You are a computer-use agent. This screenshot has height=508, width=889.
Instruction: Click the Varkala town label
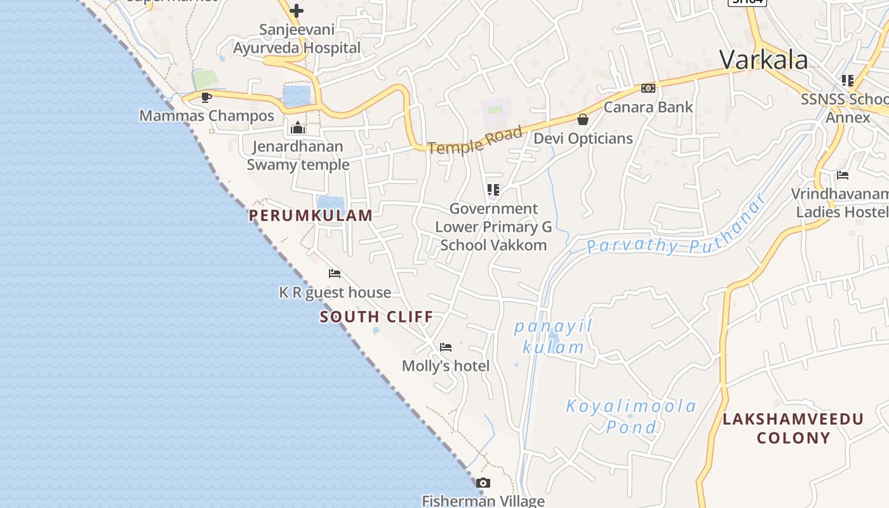click(x=763, y=60)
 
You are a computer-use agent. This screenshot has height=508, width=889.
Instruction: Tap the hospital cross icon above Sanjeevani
click(x=296, y=11)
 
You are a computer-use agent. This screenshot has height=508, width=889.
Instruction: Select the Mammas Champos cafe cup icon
click(x=206, y=97)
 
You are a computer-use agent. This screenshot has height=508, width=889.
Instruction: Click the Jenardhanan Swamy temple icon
click(x=297, y=128)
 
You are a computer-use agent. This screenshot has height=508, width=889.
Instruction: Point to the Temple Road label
click(x=475, y=140)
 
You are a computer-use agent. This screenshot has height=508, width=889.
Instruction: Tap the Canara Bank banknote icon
click(x=648, y=88)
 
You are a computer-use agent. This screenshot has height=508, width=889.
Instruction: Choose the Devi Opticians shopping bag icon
click(x=582, y=119)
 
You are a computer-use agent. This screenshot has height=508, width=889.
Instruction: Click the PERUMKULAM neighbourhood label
click(x=311, y=215)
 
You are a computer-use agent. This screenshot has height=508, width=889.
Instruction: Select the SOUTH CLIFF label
click(x=377, y=316)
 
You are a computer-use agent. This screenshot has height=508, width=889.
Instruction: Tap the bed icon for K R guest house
click(x=335, y=274)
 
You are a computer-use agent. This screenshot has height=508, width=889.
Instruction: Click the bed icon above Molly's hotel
click(x=446, y=347)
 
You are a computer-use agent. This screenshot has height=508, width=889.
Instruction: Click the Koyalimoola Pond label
click(x=631, y=416)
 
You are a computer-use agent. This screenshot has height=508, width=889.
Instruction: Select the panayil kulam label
click(x=553, y=337)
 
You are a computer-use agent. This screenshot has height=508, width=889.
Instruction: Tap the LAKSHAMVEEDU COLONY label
click(x=793, y=428)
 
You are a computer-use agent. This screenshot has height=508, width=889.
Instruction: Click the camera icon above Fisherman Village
click(x=483, y=483)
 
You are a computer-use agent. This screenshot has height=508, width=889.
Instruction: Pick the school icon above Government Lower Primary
click(x=493, y=190)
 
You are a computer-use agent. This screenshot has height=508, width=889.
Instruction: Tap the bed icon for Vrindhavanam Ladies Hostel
click(x=842, y=175)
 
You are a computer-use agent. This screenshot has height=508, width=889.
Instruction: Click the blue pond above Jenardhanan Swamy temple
click(x=297, y=95)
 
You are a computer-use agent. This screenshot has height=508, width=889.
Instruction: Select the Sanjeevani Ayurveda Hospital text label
click(x=297, y=39)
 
